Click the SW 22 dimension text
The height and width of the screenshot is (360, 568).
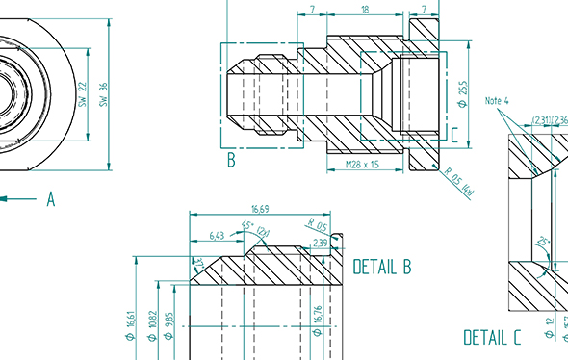[x=84, y=93]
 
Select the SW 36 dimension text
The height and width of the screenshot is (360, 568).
[x=103, y=93]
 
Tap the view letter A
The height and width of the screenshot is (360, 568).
[x=51, y=199]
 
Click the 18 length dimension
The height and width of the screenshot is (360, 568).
[x=364, y=9]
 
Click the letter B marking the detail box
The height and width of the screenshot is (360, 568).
[x=231, y=161]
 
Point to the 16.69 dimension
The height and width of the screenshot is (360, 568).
[x=259, y=208]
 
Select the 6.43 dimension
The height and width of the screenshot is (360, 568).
[x=217, y=235]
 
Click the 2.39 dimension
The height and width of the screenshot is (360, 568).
[x=321, y=244]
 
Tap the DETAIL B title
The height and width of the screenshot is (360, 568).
[x=382, y=267]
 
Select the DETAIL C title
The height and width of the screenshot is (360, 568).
[x=492, y=338]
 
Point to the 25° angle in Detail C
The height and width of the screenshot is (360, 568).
[x=544, y=241]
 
